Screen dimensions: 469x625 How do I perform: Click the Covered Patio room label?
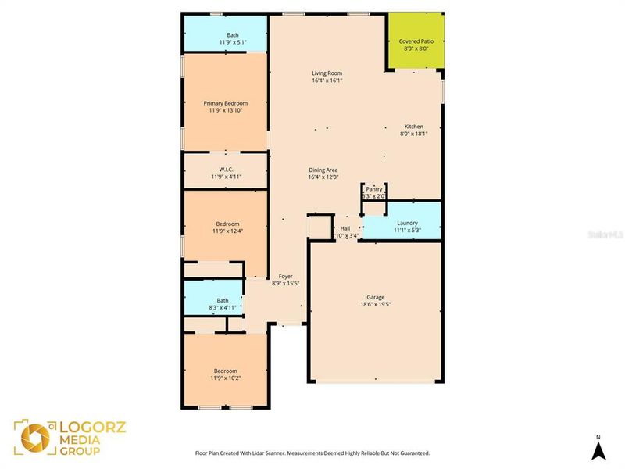(416, 41)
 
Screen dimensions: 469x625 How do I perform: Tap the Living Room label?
(327, 73)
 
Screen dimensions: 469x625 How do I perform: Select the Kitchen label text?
(413, 127)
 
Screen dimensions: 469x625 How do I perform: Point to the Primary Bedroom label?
(225, 103)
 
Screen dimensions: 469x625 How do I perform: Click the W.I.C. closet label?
(225, 170)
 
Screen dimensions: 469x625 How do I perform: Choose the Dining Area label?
(323, 170)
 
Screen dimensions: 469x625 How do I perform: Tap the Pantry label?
(375, 188)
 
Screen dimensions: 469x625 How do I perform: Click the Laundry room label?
(407, 223)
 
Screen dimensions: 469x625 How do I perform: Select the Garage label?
(376, 297)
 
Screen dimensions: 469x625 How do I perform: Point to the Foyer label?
(285, 277)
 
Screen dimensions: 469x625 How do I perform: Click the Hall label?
(345, 228)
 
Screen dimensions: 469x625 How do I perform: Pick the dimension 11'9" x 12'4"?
(227, 231)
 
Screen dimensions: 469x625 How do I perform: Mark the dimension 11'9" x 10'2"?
(225, 378)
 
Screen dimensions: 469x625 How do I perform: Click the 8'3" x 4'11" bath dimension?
(223, 307)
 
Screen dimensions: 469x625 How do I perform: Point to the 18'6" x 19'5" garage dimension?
(376, 304)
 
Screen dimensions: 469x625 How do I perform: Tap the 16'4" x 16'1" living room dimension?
(327, 81)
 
